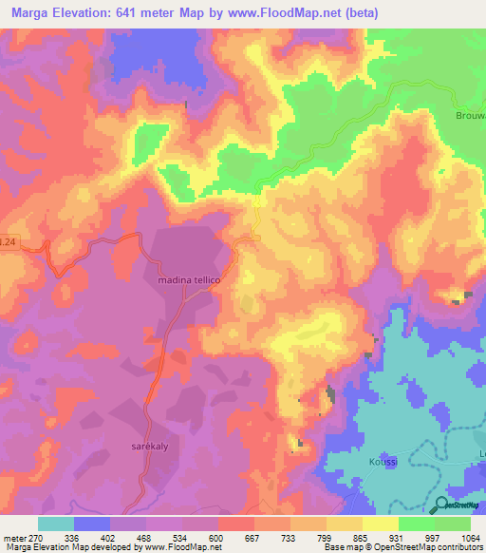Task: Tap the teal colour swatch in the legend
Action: pos(56,524)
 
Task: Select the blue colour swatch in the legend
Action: pos(92,524)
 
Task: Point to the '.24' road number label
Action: pos(8,244)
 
